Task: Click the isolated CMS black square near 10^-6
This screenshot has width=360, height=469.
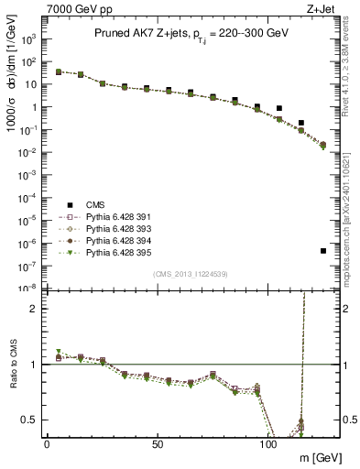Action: click(x=323, y=251)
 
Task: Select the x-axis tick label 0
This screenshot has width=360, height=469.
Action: click(x=47, y=442)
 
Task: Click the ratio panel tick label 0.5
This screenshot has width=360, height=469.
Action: click(x=27, y=420)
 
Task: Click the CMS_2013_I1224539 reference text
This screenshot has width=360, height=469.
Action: click(x=190, y=274)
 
